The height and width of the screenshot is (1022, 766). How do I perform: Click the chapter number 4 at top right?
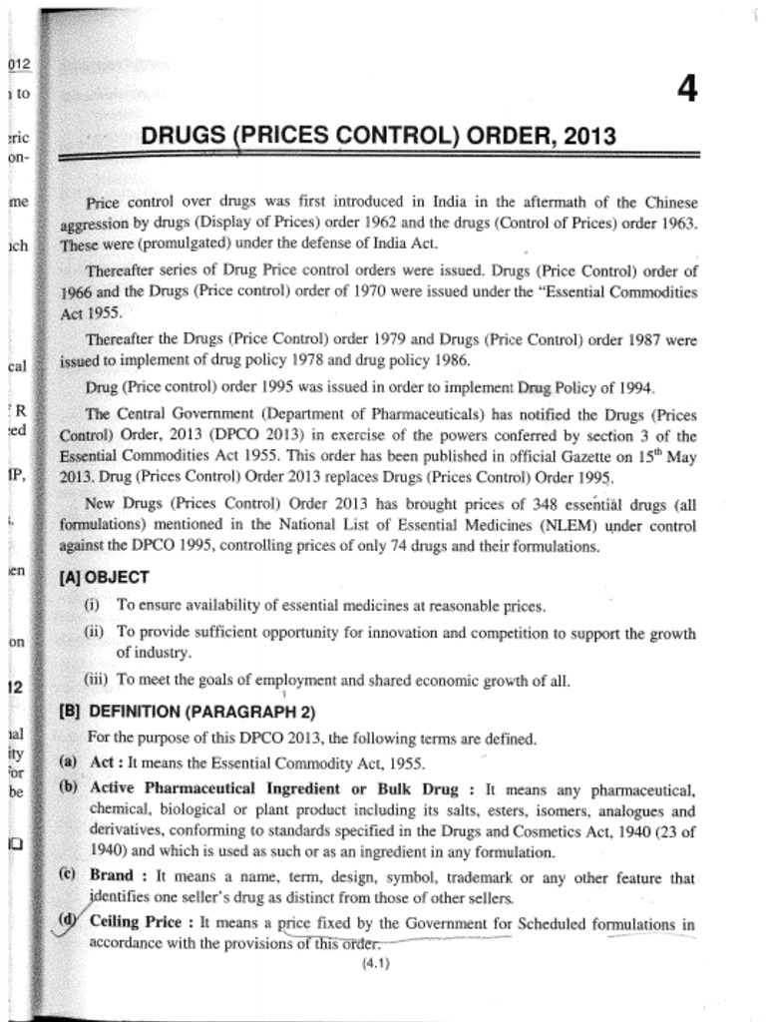[x=686, y=90]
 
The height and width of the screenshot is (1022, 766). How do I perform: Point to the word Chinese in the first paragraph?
[x=668, y=203]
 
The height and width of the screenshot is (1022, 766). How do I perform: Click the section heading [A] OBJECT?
[x=105, y=577]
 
